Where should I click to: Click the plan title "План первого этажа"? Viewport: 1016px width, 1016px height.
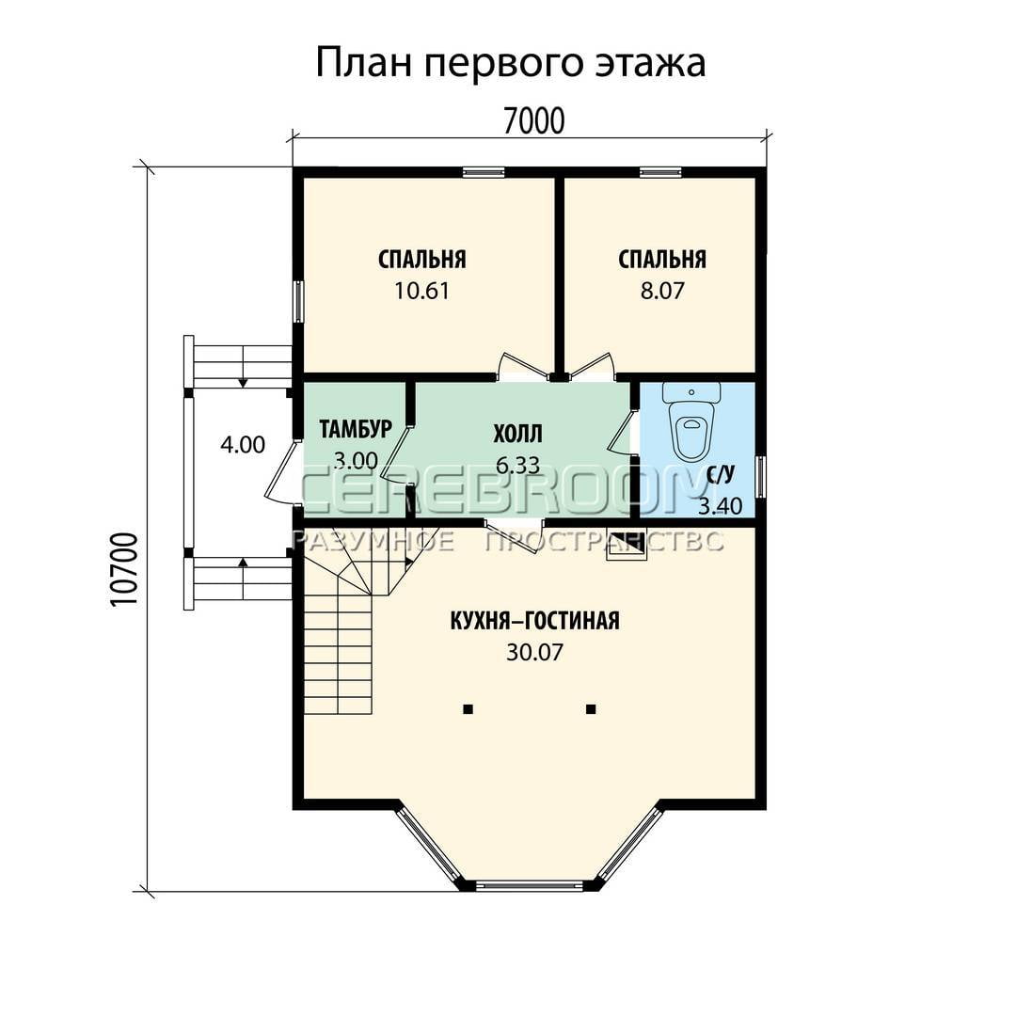[x=511, y=64]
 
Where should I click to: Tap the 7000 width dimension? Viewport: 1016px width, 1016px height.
[x=534, y=120]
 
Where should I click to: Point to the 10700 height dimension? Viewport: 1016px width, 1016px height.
[x=124, y=570]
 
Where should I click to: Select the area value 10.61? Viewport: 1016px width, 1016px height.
[x=421, y=291]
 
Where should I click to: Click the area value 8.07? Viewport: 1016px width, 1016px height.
[x=662, y=291]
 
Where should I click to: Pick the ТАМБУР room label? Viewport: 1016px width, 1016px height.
[x=356, y=429]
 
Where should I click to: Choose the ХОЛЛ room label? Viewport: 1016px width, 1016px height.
[x=517, y=434]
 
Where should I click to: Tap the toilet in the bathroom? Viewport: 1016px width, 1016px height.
[x=692, y=420]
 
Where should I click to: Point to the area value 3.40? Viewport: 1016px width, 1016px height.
[x=720, y=506]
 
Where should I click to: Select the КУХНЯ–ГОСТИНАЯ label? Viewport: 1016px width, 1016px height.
[x=534, y=621]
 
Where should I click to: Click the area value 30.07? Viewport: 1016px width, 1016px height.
[x=534, y=653]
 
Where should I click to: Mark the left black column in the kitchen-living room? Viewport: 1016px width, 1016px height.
[x=468, y=709]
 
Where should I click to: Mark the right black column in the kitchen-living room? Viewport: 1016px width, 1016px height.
[x=591, y=709]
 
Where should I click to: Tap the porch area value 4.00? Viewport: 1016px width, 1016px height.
[x=243, y=444]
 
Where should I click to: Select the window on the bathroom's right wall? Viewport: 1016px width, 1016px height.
[x=762, y=478]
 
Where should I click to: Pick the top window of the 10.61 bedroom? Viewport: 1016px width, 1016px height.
[x=484, y=172]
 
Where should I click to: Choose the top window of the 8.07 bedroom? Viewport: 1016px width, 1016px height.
[x=660, y=172]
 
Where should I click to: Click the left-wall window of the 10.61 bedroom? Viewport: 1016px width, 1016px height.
[x=298, y=301]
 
